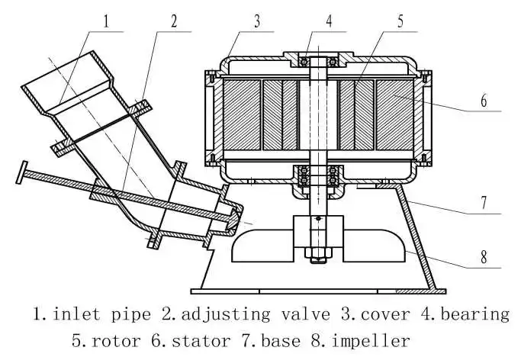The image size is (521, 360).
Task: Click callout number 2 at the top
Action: [x=174, y=21]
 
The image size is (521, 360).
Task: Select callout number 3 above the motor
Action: [x=258, y=21]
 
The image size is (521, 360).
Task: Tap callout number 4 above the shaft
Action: [x=329, y=20]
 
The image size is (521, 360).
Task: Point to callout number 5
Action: [x=400, y=21]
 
